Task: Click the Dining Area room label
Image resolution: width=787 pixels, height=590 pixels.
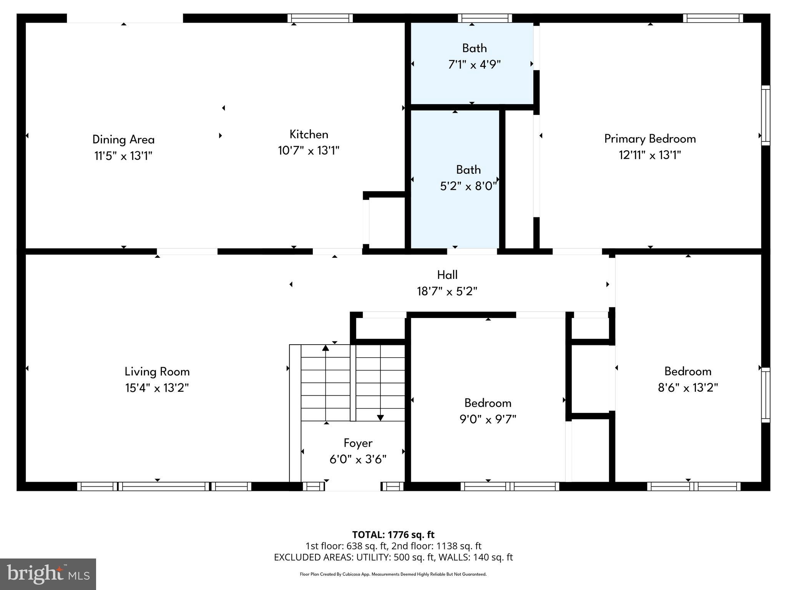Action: (123, 139)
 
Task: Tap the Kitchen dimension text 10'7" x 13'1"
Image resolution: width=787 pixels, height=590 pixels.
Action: (309, 151)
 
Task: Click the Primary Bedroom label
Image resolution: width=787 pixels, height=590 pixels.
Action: (650, 139)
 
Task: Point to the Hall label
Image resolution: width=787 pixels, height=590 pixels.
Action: (447, 275)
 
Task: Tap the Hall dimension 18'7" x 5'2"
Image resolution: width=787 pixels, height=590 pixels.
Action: (447, 292)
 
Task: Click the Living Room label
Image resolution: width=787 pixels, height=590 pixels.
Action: (157, 371)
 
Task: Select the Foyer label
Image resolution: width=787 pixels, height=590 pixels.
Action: (358, 443)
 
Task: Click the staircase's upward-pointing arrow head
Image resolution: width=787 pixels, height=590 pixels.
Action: (326, 348)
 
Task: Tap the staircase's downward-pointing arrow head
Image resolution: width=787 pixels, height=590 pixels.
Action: (380, 418)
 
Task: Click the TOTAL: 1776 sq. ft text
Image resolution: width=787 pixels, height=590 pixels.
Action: (393, 535)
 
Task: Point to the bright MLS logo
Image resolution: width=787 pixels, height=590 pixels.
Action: (48, 574)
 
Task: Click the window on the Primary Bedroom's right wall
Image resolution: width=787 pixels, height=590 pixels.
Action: (765, 115)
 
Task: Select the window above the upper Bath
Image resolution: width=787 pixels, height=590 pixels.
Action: (485, 18)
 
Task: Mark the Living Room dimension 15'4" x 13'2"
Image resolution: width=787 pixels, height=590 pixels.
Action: (157, 388)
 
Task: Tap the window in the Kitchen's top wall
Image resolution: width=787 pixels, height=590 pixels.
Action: (320, 18)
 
